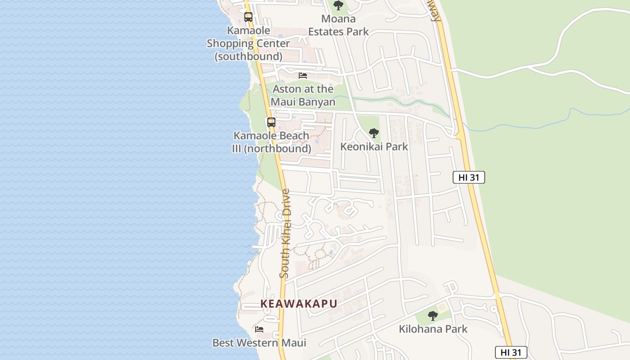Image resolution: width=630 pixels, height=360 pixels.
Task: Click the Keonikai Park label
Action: (x=374, y=147)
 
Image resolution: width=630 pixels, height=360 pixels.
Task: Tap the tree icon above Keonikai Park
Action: (x=373, y=133)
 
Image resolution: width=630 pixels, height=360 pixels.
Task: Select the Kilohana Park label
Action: (x=433, y=329)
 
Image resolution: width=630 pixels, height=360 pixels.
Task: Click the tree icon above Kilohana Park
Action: (x=433, y=316)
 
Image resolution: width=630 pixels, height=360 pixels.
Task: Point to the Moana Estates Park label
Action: (x=338, y=25)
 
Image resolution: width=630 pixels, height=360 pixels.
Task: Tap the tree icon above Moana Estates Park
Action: (x=338, y=6)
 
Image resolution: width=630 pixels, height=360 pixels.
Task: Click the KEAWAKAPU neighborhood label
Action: (x=299, y=304)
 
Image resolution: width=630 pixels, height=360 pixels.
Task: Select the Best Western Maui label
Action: (x=259, y=343)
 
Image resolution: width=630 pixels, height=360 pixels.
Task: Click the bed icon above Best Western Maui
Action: (x=259, y=329)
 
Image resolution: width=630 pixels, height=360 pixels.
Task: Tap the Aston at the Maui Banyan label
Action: (x=303, y=95)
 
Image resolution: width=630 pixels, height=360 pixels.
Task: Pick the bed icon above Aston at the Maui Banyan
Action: (x=303, y=75)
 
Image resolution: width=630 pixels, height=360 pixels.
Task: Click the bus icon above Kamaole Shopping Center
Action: (x=248, y=17)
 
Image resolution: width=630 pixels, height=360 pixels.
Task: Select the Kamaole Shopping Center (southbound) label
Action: (x=248, y=44)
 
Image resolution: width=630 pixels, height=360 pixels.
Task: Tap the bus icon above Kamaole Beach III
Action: (x=271, y=122)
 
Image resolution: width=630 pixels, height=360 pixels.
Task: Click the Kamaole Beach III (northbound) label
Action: (x=271, y=142)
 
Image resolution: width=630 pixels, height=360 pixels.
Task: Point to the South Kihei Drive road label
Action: (x=285, y=233)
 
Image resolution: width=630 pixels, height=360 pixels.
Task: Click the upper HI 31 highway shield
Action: (x=468, y=177)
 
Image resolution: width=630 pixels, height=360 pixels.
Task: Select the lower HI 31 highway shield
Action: (x=511, y=352)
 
